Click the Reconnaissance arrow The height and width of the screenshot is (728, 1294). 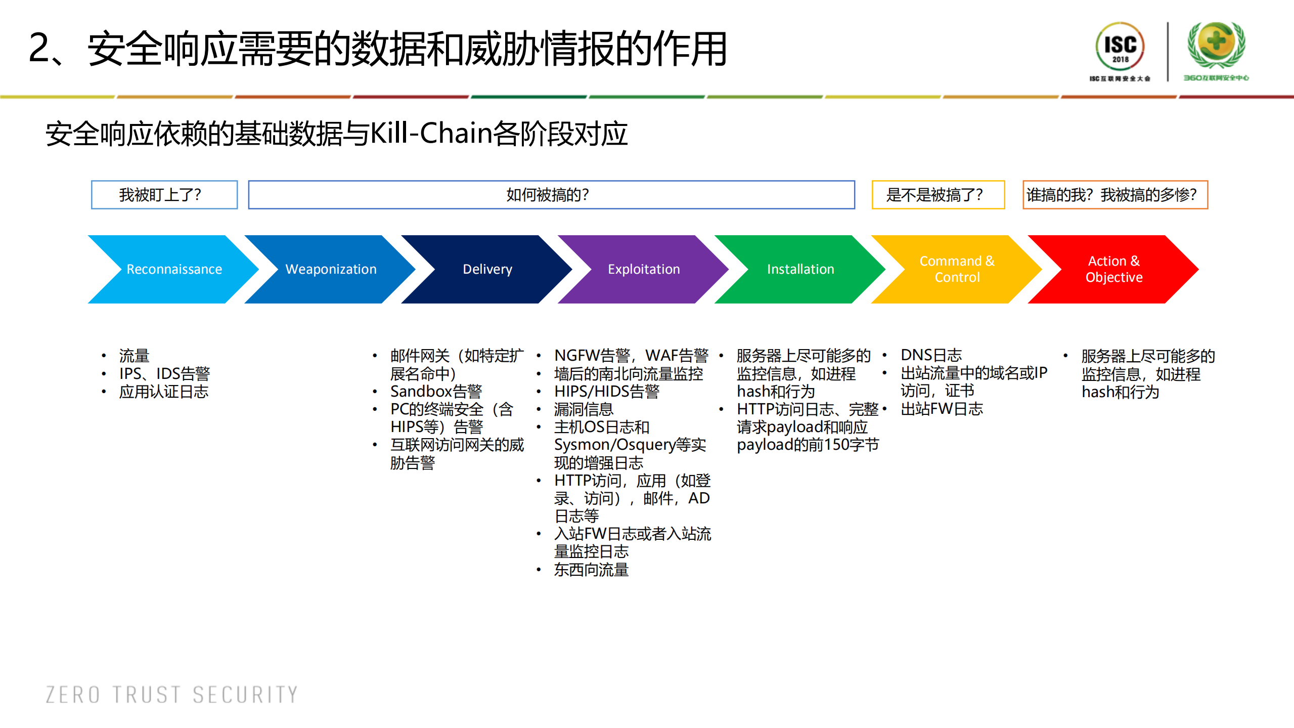point(173,269)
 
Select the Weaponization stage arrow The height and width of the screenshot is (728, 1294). point(331,269)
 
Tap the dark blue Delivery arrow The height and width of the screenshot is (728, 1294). point(487,269)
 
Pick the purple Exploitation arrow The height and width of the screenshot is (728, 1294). point(643,269)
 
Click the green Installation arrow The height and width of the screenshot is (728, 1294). point(800,269)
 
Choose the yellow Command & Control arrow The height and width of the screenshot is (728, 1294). point(956,269)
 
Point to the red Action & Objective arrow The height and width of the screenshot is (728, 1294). point(1113,269)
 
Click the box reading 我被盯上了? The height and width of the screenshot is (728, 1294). point(164,195)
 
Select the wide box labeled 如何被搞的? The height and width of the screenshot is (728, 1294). point(551,195)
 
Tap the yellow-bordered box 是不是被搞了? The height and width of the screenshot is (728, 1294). point(938,195)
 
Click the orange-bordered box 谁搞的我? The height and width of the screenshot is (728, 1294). point(1114,195)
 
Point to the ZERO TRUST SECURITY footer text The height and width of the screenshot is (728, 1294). point(172,695)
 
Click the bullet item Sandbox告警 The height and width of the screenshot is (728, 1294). point(436,392)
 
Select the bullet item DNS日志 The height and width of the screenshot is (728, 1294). point(931,355)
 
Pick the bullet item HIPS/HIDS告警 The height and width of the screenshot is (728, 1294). point(607,392)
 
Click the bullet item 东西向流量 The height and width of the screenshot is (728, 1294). point(591,570)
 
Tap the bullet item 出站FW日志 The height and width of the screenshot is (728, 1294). point(942,409)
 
